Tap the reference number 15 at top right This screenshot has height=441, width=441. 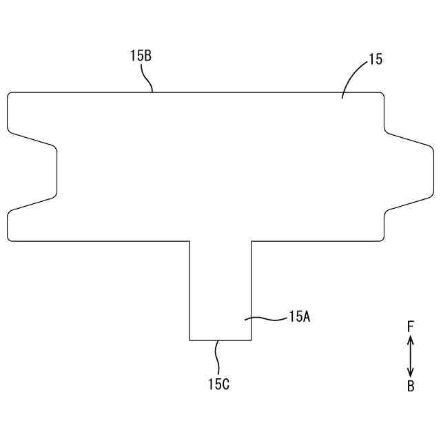pos(376,60)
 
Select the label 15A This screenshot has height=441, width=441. pos(300,317)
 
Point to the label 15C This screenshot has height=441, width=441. pos(219,384)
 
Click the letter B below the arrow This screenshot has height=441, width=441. pos(411,387)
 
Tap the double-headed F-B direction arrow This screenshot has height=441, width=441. pos(410,356)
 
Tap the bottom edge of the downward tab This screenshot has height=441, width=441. pos(220,340)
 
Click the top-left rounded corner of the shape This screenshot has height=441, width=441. pos(10,95)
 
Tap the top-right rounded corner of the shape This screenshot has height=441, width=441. pos(381,95)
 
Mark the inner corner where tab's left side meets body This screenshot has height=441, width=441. pos(189,241)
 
